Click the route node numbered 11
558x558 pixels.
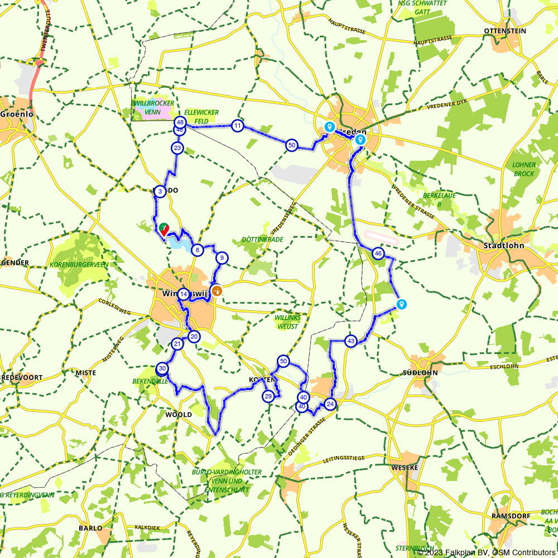[x=238, y=126]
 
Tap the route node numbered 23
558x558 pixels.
[x=177, y=148]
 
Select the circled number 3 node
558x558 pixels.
[x=160, y=191]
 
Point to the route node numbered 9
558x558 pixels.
[x=222, y=258]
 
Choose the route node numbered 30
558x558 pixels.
[x=162, y=368]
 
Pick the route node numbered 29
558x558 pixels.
[x=268, y=396]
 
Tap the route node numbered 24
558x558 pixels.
[x=330, y=404]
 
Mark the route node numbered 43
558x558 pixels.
[x=350, y=340]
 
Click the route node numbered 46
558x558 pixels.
[x=378, y=253]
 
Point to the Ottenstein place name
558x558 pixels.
[x=505, y=31]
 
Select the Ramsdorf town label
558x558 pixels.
[x=511, y=516]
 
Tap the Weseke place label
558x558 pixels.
[x=405, y=467]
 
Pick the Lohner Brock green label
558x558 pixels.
[x=524, y=169]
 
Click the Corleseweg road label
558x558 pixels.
[x=114, y=307]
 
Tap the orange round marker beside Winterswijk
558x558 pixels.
[x=217, y=290]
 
